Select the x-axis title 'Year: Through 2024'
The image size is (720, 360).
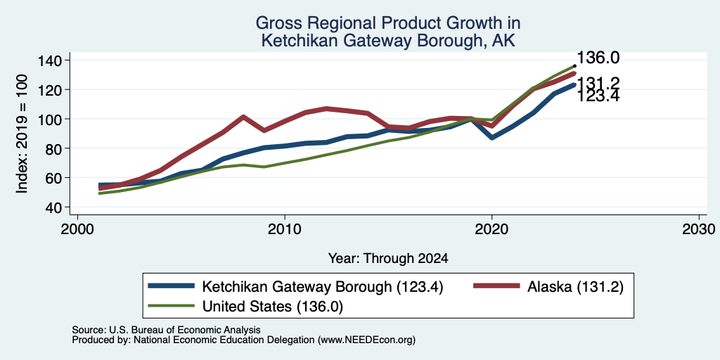tap(388, 259)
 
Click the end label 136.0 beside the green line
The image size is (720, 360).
tap(598, 58)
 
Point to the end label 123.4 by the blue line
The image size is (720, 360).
tap(598, 96)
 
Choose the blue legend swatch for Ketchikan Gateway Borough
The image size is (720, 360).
tap(171, 286)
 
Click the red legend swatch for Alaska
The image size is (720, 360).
tap(496, 286)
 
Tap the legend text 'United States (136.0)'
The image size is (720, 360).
tap(273, 307)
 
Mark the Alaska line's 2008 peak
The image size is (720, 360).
tap(243, 117)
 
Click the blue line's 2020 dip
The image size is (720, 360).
tap(491, 137)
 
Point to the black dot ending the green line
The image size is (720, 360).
tap(575, 65)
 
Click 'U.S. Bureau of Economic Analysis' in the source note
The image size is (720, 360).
tap(185, 330)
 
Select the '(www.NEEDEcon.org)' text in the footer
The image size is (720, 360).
tap(366, 340)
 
